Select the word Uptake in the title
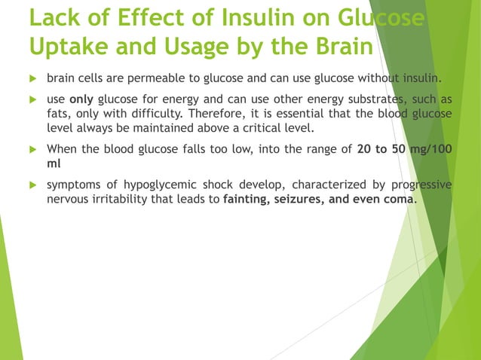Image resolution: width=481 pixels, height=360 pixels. tap(66, 46)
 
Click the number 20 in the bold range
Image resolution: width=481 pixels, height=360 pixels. tap(365, 149)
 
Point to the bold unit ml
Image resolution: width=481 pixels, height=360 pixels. tap(53, 162)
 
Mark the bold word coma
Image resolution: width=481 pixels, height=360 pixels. tap(399, 199)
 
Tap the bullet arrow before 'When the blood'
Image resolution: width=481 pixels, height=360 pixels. tap(32, 149)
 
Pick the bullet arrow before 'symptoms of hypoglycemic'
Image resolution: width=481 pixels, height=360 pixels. tap(32, 185)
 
